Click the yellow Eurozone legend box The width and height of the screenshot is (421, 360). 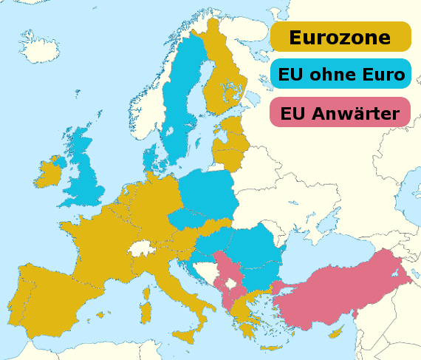click(340, 36)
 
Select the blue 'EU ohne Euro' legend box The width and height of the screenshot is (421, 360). click(340, 75)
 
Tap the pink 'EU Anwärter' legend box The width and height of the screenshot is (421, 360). click(340, 112)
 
